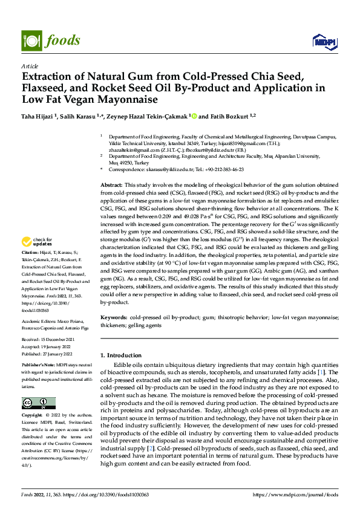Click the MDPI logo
pyautogui.click(x=324, y=41)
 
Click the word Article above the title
pyautogui.click(x=30, y=66)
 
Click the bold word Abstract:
pyautogui.click(x=111, y=184)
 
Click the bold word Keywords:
pyautogui.click(x=114, y=317)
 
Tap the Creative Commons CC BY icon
pyautogui.click(x=38, y=403)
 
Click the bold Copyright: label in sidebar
pyautogui.click(x=33, y=416)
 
